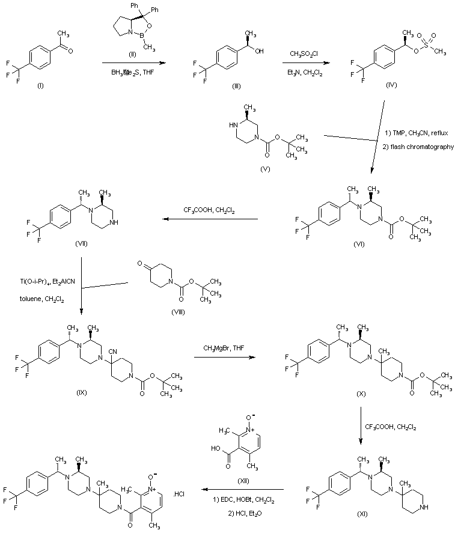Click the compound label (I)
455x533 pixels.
[40, 87]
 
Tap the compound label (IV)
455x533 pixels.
[392, 87]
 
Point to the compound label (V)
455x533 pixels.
[265, 169]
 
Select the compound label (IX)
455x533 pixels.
[82, 392]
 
